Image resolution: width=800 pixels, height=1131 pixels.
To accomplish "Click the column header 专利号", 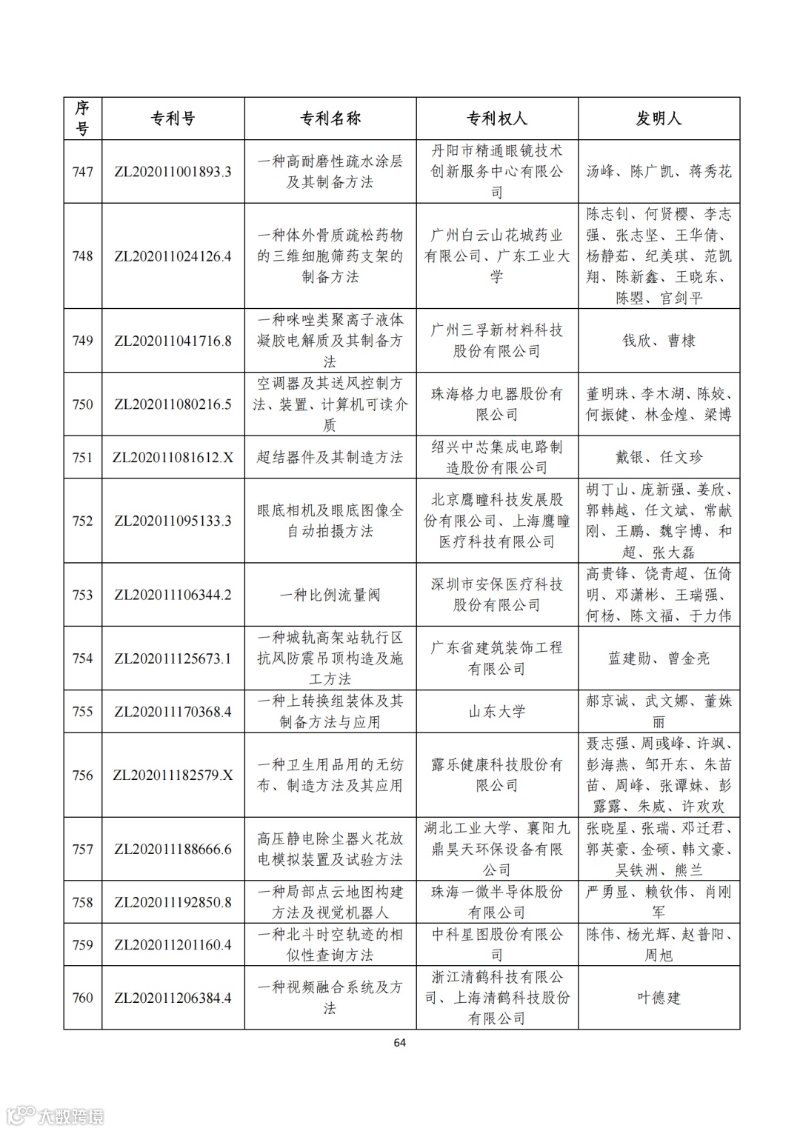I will (x=173, y=119).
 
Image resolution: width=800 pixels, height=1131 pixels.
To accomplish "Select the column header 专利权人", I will (x=496, y=119).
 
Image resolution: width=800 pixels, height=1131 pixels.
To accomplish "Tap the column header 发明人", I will (x=659, y=119).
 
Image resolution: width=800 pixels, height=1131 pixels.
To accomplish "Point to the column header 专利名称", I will (x=330, y=119).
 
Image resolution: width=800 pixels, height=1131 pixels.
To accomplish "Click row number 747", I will (x=82, y=172).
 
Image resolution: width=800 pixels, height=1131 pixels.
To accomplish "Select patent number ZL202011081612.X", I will (x=173, y=457).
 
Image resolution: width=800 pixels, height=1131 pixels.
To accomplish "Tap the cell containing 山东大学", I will (x=496, y=712).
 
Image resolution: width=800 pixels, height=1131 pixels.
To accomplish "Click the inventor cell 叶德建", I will (x=659, y=998).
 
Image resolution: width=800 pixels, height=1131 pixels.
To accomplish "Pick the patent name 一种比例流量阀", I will (x=330, y=595).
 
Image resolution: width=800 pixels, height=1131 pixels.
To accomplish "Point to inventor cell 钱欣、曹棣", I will (x=659, y=341).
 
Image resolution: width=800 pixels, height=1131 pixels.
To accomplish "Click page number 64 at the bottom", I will (x=399, y=1043).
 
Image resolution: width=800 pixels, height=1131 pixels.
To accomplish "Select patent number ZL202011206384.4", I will (x=173, y=998).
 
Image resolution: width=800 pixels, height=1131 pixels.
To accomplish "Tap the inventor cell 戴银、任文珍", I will (x=659, y=457).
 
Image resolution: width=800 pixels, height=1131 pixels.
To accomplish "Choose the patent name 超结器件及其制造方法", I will (x=330, y=457).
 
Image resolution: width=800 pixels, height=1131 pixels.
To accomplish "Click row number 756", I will (x=82, y=775).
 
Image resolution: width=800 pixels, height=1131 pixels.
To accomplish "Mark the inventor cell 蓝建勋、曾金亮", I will (x=659, y=658).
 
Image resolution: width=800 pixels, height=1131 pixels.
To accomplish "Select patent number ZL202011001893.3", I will (x=173, y=172).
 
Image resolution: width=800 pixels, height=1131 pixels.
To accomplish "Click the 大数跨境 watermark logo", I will (x=56, y=1115).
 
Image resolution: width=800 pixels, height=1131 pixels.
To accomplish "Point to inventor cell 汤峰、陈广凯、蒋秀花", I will (x=659, y=172).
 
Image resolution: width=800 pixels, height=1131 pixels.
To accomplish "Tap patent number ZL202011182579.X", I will (x=173, y=775).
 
